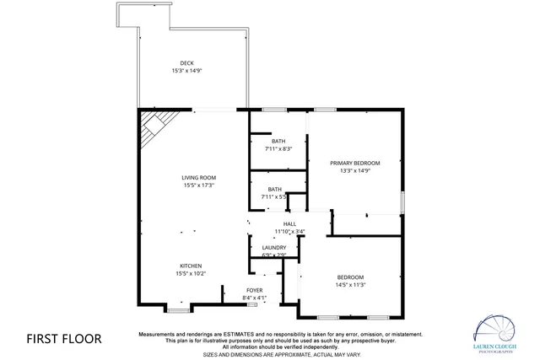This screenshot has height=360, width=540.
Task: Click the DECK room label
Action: [186, 63]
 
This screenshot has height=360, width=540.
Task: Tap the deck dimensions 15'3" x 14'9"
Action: [186, 71]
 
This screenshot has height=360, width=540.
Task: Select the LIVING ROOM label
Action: [199, 177]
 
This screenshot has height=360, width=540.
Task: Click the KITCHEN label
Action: [190, 266]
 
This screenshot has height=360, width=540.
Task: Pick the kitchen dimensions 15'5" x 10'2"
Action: [190, 273]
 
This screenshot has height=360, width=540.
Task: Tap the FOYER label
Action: [255, 290]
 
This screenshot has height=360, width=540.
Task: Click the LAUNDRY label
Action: [274, 247]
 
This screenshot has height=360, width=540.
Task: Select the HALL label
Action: [289, 223]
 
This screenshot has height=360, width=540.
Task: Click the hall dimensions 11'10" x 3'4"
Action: [289, 231]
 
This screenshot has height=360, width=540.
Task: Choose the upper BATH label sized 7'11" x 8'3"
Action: [278, 141]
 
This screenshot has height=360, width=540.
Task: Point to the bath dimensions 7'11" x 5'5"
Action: [275, 196]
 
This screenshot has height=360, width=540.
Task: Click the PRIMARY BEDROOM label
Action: [354, 163]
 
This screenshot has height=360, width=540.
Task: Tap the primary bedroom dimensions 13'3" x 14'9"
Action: [354, 170]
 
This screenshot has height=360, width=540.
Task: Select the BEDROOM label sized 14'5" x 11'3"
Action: [350, 277]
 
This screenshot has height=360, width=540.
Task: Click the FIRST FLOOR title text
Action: [64, 339]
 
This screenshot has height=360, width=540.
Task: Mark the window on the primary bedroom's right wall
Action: [402, 202]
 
